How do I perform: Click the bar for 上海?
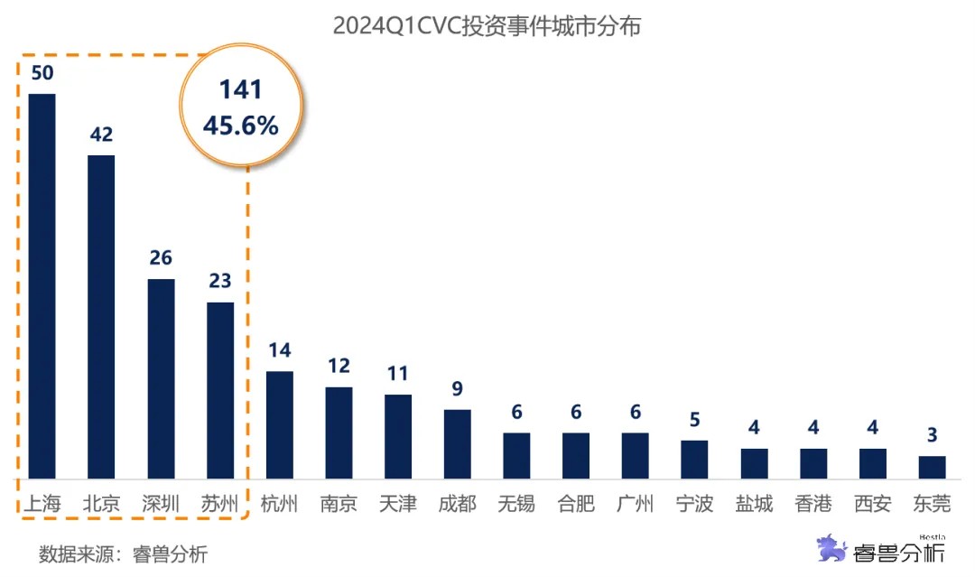point(42,286)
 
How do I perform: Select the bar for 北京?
point(101,317)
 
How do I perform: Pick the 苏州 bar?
point(220,390)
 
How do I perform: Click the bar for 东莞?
point(932,467)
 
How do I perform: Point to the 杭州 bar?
point(279,424)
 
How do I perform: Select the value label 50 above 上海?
point(42,73)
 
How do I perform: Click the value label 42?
point(101,135)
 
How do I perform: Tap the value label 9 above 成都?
point(457,389)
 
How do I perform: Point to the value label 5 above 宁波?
point(694,420)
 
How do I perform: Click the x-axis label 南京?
point(339,504)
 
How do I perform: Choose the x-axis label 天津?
point(398,504)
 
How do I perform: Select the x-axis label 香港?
point(813,504)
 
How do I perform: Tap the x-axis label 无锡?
point(516,504)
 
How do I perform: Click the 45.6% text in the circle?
point(240,126)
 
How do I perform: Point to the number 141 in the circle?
point(240,89)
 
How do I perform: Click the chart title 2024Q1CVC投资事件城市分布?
point(487,26)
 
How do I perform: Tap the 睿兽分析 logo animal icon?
point(831,547)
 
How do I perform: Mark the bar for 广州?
point(635,455)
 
